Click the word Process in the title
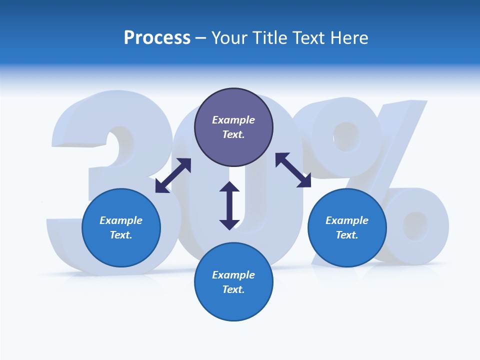coord(157,38)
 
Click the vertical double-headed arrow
coord(229,205)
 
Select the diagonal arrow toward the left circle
coord(173,175)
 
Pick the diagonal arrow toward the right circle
coord(293,170)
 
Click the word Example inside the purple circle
coord(233,120)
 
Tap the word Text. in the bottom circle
coord(233,289)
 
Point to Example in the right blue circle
coord(347,220)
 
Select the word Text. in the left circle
coord(121,235)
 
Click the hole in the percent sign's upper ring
coord(346,133)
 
